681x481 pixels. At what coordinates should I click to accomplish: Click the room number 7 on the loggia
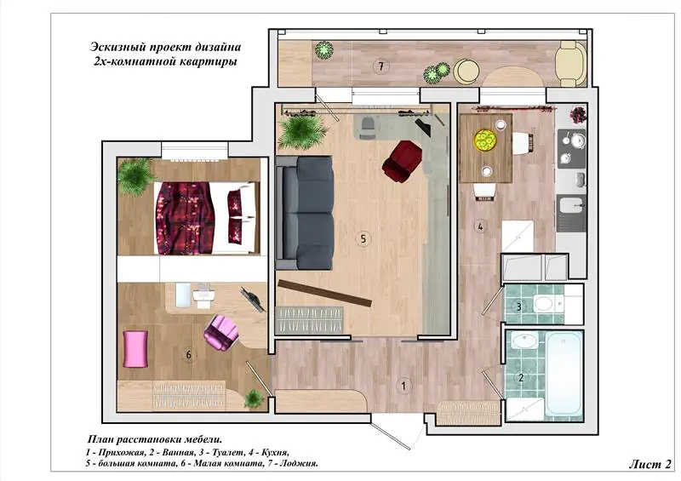(x=381, y=66)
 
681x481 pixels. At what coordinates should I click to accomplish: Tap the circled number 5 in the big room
(x=363, y=238)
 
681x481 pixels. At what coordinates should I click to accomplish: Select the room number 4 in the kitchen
(x=480, y=226)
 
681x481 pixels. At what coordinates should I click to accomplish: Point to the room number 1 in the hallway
(x=403, y=386)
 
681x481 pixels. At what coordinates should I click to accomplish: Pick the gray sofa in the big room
(x=306, y=213)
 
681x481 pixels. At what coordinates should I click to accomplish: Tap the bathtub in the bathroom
(x=564, y=374)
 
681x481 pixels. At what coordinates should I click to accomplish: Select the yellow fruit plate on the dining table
(x=484, y=140)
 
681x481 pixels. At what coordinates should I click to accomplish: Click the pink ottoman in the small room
(x=135, y=348)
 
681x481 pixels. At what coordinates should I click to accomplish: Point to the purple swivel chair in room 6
(x=221, y=333)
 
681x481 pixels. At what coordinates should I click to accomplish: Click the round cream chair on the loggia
(x=466, y=72)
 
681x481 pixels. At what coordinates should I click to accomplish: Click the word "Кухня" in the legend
(x=272, y=452)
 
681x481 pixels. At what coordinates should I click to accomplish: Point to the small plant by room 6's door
(x=253, y=398)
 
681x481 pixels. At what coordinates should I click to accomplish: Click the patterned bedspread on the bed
(x=186, y=218)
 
